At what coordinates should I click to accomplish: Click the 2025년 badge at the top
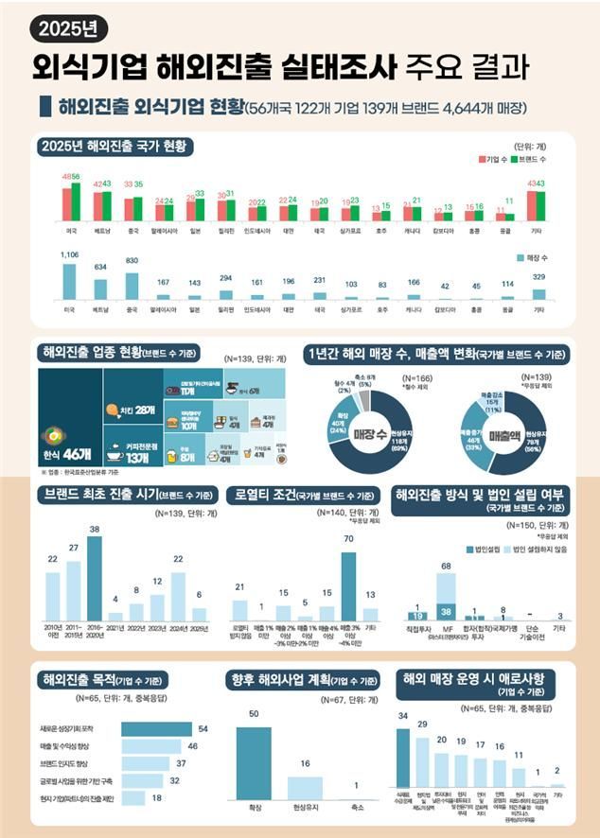pyautogui.click(x=63, y=27)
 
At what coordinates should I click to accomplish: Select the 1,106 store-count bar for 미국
pyautogui.click(x=70, y=282)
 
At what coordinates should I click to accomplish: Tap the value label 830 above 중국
pyautogui.click(x=132, y=260)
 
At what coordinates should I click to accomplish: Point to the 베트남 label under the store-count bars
pyautogui.click(x=101, y=309)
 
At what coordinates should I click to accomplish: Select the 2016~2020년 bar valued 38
pyautogui.click(x=94, y=576)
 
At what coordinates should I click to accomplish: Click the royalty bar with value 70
pyautogui.click(x=349, y=584)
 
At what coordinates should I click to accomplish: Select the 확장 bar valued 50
pyautogui.click(x=253, y=759)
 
